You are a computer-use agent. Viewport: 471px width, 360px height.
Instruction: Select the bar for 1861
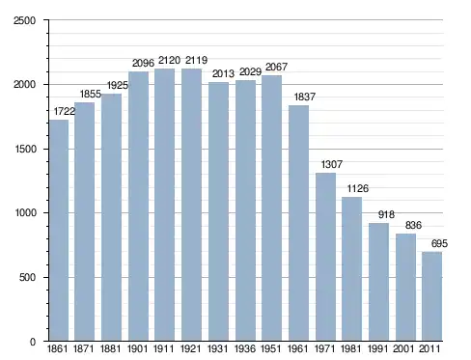[59, 231]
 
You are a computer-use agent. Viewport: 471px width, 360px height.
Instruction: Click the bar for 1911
[164, 205]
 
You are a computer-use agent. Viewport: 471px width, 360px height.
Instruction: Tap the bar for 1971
[325, 257]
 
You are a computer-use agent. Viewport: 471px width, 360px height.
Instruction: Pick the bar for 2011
[432, 296]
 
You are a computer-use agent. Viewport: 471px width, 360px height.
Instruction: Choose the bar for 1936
[245, 210]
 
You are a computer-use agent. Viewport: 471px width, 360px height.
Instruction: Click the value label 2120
[169, 60]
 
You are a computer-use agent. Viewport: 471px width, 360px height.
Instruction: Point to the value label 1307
[332, 164]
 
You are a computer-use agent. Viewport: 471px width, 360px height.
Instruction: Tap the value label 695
[439, 243]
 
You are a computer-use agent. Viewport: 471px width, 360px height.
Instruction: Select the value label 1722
[65, 111]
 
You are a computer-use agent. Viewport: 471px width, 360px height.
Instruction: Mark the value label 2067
[276, 67]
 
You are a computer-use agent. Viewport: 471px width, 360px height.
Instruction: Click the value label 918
[386, 214]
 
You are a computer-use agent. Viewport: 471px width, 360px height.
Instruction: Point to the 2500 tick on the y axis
[24, 20]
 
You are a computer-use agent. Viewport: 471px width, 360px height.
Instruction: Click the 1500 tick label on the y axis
[25, 149]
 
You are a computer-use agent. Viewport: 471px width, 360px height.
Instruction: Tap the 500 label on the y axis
[27, 277]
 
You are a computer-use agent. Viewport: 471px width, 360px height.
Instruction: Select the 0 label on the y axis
[33, 342]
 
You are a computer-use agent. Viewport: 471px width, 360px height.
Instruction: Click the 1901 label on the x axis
[137, 348]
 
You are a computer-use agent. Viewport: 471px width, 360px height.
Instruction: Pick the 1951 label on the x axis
[270, 348]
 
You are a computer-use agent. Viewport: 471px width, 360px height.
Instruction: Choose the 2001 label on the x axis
[404, 348]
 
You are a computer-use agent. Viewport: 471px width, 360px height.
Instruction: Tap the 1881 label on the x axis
[110, 348]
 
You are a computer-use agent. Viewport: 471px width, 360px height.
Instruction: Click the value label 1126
[358, 188]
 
